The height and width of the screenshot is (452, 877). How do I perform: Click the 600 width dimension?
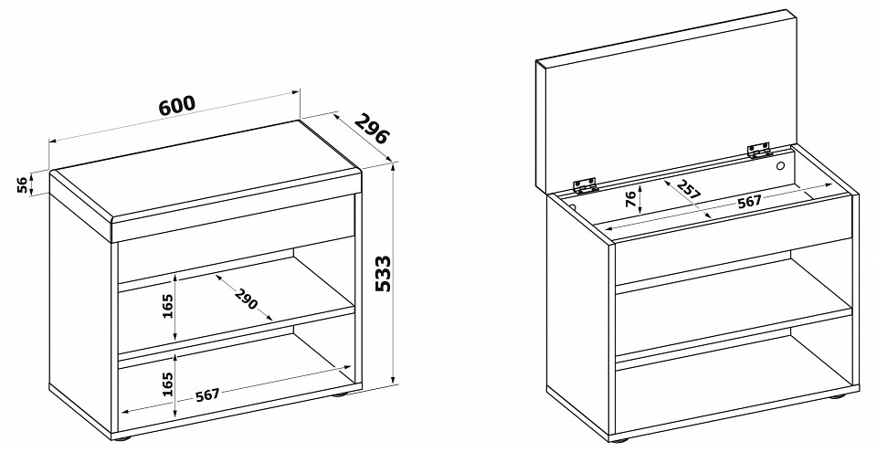point(177,105)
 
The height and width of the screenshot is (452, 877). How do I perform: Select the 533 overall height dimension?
point(383,274)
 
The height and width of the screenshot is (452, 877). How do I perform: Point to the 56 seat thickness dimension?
point(22,184)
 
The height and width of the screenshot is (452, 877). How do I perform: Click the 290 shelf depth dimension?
point(246,299)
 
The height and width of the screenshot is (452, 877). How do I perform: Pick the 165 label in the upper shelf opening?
point(167,305)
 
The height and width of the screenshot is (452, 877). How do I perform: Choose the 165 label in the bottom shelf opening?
point(167,384)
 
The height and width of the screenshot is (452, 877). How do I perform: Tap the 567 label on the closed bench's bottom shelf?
point(207,395)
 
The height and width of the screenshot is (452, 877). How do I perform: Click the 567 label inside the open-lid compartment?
point(749,202)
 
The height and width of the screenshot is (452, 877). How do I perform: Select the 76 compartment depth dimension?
point(629,198)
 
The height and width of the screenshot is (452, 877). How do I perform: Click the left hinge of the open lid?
point(585,185)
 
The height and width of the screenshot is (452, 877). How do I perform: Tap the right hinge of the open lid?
point(759,150)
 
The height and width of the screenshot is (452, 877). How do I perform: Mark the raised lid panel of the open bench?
point(666,100)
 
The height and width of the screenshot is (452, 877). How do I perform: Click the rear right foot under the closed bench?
point(340,395)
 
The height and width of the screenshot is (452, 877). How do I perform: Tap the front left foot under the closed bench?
point(123,439)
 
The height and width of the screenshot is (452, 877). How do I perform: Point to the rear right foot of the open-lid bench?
point(837,396)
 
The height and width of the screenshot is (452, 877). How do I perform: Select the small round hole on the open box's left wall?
point(573,207)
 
